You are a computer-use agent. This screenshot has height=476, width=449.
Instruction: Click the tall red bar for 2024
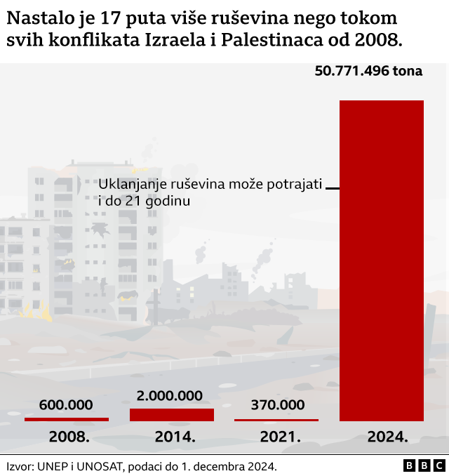point(382,260)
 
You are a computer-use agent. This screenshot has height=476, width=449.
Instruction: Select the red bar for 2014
point(172,415)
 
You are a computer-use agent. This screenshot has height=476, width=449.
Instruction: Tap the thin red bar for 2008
point(67,419)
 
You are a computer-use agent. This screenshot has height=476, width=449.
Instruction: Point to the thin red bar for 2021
point(276,420)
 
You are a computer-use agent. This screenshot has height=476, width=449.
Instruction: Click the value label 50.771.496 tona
point(369,71)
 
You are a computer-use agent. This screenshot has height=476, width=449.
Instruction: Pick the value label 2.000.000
point(170,396)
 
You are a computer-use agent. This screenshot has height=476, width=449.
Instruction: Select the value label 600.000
point(66,405)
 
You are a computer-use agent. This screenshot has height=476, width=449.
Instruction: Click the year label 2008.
point(69,437)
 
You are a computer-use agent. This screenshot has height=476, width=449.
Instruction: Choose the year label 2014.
point(174,437)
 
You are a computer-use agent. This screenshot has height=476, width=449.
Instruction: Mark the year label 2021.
point(280,437)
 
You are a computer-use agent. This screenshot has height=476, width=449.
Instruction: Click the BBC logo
point(424,465)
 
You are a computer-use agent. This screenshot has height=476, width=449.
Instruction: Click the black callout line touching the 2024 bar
point(333,189)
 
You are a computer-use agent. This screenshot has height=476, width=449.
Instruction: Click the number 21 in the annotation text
point(133,201)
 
